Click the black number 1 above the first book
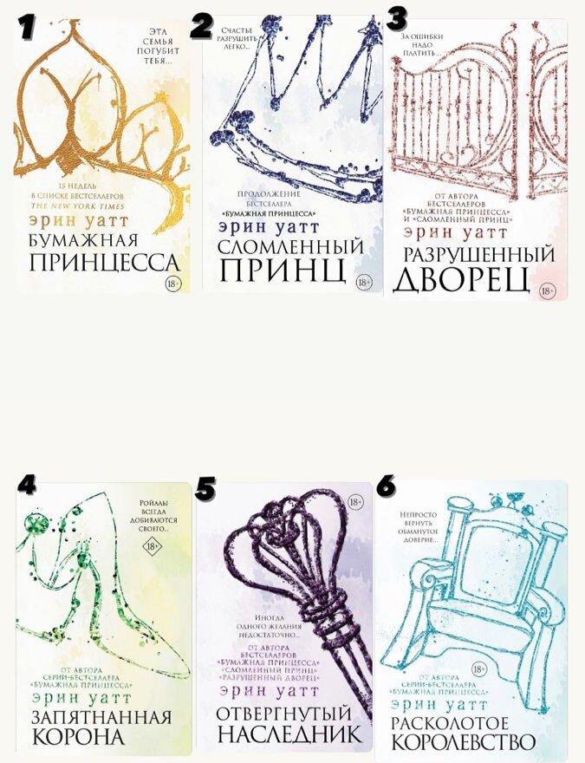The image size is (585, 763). click(x=25, y=27)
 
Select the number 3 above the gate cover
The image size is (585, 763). click(x=397, y=17)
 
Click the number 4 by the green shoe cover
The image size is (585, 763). click(x=27, y=485)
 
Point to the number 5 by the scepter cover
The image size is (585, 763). click(x=205, y=488)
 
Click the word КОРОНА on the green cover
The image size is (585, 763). click(x=78, y=737)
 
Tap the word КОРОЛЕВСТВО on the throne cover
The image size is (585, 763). click(x=464, y=743)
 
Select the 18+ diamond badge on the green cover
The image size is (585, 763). click(x=153, y=546)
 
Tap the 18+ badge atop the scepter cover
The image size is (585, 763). click(x=354, y=502)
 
